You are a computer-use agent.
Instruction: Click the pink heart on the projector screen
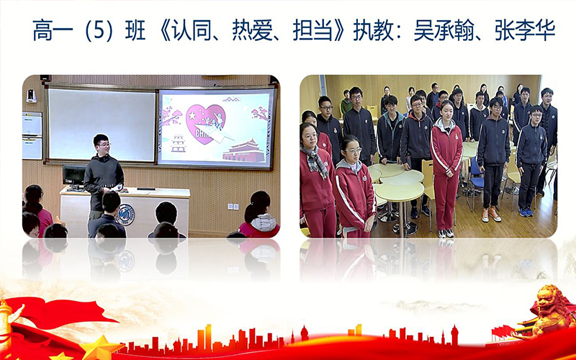(x=205, y=123)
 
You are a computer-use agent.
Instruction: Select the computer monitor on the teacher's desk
(x=74, y=176)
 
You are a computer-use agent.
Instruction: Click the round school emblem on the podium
(x=125, y=214)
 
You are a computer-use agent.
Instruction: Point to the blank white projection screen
(x=102, y=125)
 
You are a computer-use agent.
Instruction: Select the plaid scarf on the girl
(x=315, y=161)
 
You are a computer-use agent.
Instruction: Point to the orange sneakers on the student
(x=491, y=214)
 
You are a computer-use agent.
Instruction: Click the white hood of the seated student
(x=263, y=222)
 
